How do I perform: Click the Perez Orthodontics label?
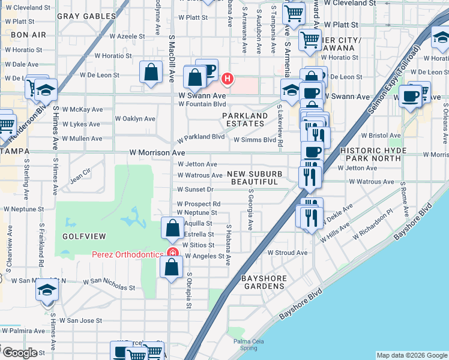tap(127, 254)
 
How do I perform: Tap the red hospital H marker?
tap(228, 78)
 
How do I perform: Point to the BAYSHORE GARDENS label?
tap(262, 282)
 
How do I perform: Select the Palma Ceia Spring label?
tap(245, 344)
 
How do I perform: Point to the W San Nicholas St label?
tap(109, 281)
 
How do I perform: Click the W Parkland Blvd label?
tap(200, 137)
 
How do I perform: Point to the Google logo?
tap(20, 353)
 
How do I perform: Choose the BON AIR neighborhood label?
tap(25, 35)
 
